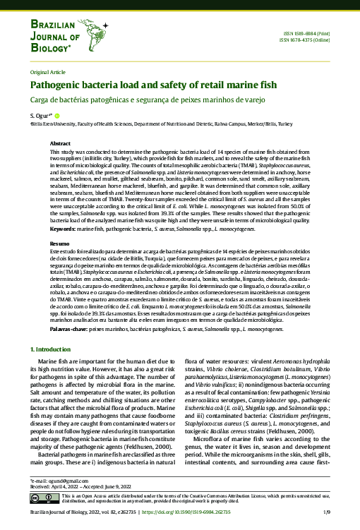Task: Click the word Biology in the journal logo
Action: click(x=49, y=48)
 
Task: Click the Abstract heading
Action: click(x=60, y=143)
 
